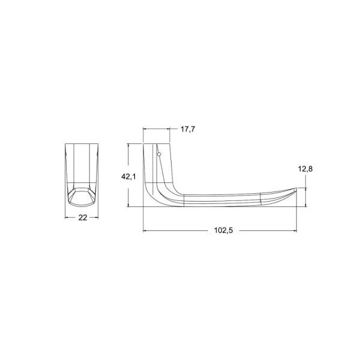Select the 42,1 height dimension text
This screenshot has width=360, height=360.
coord(128,176)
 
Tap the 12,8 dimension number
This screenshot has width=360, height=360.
coord(306,169)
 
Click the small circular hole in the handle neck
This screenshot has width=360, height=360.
coord(159,155)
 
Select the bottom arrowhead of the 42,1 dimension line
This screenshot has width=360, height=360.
coord(128,205)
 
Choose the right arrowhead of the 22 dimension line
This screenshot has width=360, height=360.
coord(99,217)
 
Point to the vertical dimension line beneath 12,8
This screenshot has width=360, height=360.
coord(307,197)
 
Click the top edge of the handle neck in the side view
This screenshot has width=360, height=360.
coord(157,144)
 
